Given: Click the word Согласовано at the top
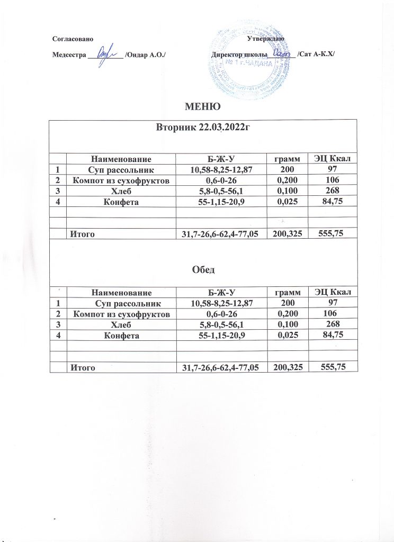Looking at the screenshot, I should tap(74, 40).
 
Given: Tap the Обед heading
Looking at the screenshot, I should tap(202, 270).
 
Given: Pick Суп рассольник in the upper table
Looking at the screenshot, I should tap(120, 169).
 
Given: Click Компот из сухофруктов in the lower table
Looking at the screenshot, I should tap(120, 314).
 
